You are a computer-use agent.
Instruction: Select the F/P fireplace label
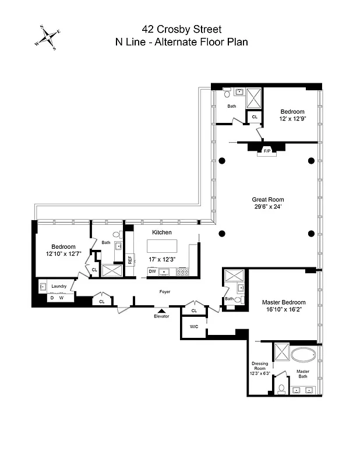click(267, 151)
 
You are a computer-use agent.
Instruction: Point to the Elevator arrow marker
click(161, 310)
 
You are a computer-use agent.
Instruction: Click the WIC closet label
click(194, 327)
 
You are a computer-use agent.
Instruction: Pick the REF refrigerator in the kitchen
click(130, 260)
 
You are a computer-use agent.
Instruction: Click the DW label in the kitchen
click(152, 271)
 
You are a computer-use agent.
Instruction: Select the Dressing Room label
click(260, 366)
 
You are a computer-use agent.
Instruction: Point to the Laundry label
click(59, 286)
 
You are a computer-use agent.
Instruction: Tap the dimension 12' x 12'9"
click(292, 119)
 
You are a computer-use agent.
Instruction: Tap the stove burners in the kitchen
click(182, 271)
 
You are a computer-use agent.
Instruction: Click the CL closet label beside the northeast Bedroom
click(255, 116)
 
